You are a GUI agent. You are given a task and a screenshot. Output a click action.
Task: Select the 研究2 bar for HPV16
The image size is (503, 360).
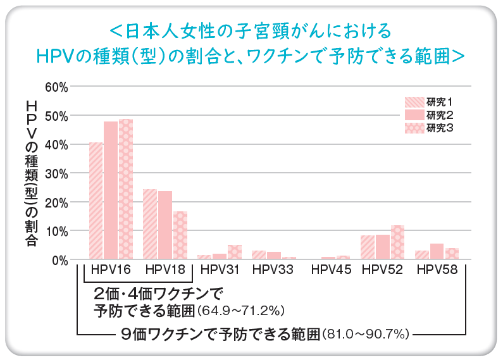point(111,190)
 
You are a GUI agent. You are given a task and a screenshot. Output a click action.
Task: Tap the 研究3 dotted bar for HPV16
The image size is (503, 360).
point(126,189)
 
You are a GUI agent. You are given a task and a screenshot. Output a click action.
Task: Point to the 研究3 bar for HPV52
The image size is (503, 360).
point(397,242)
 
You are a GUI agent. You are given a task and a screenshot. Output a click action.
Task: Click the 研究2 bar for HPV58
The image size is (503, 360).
point(437,252)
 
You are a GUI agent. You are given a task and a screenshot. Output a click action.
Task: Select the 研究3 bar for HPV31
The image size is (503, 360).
point(235,252)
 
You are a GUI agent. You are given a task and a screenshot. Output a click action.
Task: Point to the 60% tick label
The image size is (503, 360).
point(56,87)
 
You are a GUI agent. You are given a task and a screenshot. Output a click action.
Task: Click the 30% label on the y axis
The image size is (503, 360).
point(56,173)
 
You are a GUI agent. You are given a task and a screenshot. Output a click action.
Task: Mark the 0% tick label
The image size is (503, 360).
point(59,260)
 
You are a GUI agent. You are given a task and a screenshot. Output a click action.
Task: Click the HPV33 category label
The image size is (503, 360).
point(273,270)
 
